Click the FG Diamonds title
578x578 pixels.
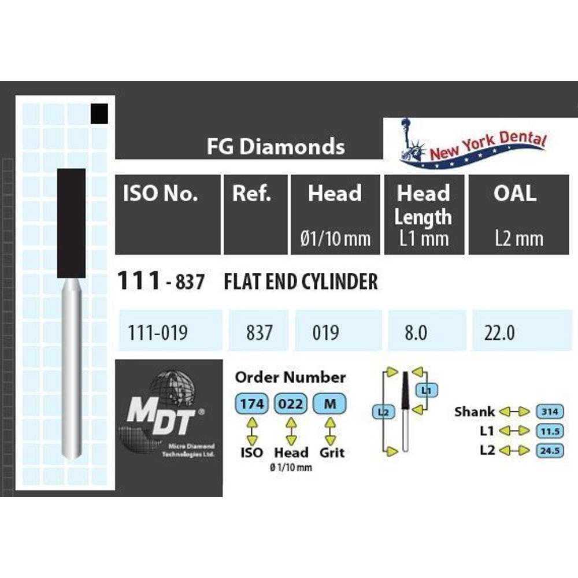click(x=276, y=146)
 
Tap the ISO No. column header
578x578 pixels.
click(x=160, y=193)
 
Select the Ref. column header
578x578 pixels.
click(x=251, y=193)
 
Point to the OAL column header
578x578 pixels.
click(x=515, y=193)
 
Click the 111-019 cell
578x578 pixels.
click(x=157, y=332)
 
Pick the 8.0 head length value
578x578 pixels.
click(x=416, y=332)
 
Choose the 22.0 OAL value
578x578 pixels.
click(x=499, y=332)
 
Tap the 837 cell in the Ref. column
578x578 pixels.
click(x=259, y=332)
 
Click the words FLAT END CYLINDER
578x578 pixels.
click(x=301, y=282)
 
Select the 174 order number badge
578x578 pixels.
click(x=252, y=404)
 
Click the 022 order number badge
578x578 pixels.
click(x=291, y=404)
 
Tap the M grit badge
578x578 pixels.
click(x=329, y=404)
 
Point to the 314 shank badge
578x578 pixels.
click(x=550, y=412)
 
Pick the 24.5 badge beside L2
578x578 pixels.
click(x=550, y=450)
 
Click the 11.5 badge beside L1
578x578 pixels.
click(x=550, y=431)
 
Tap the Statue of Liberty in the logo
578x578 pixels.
click(x=411, y=142)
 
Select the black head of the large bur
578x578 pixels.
click(x=72, y=223)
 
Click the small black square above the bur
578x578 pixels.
click(x=99, y=113)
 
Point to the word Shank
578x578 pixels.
click(x=475, y=412)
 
